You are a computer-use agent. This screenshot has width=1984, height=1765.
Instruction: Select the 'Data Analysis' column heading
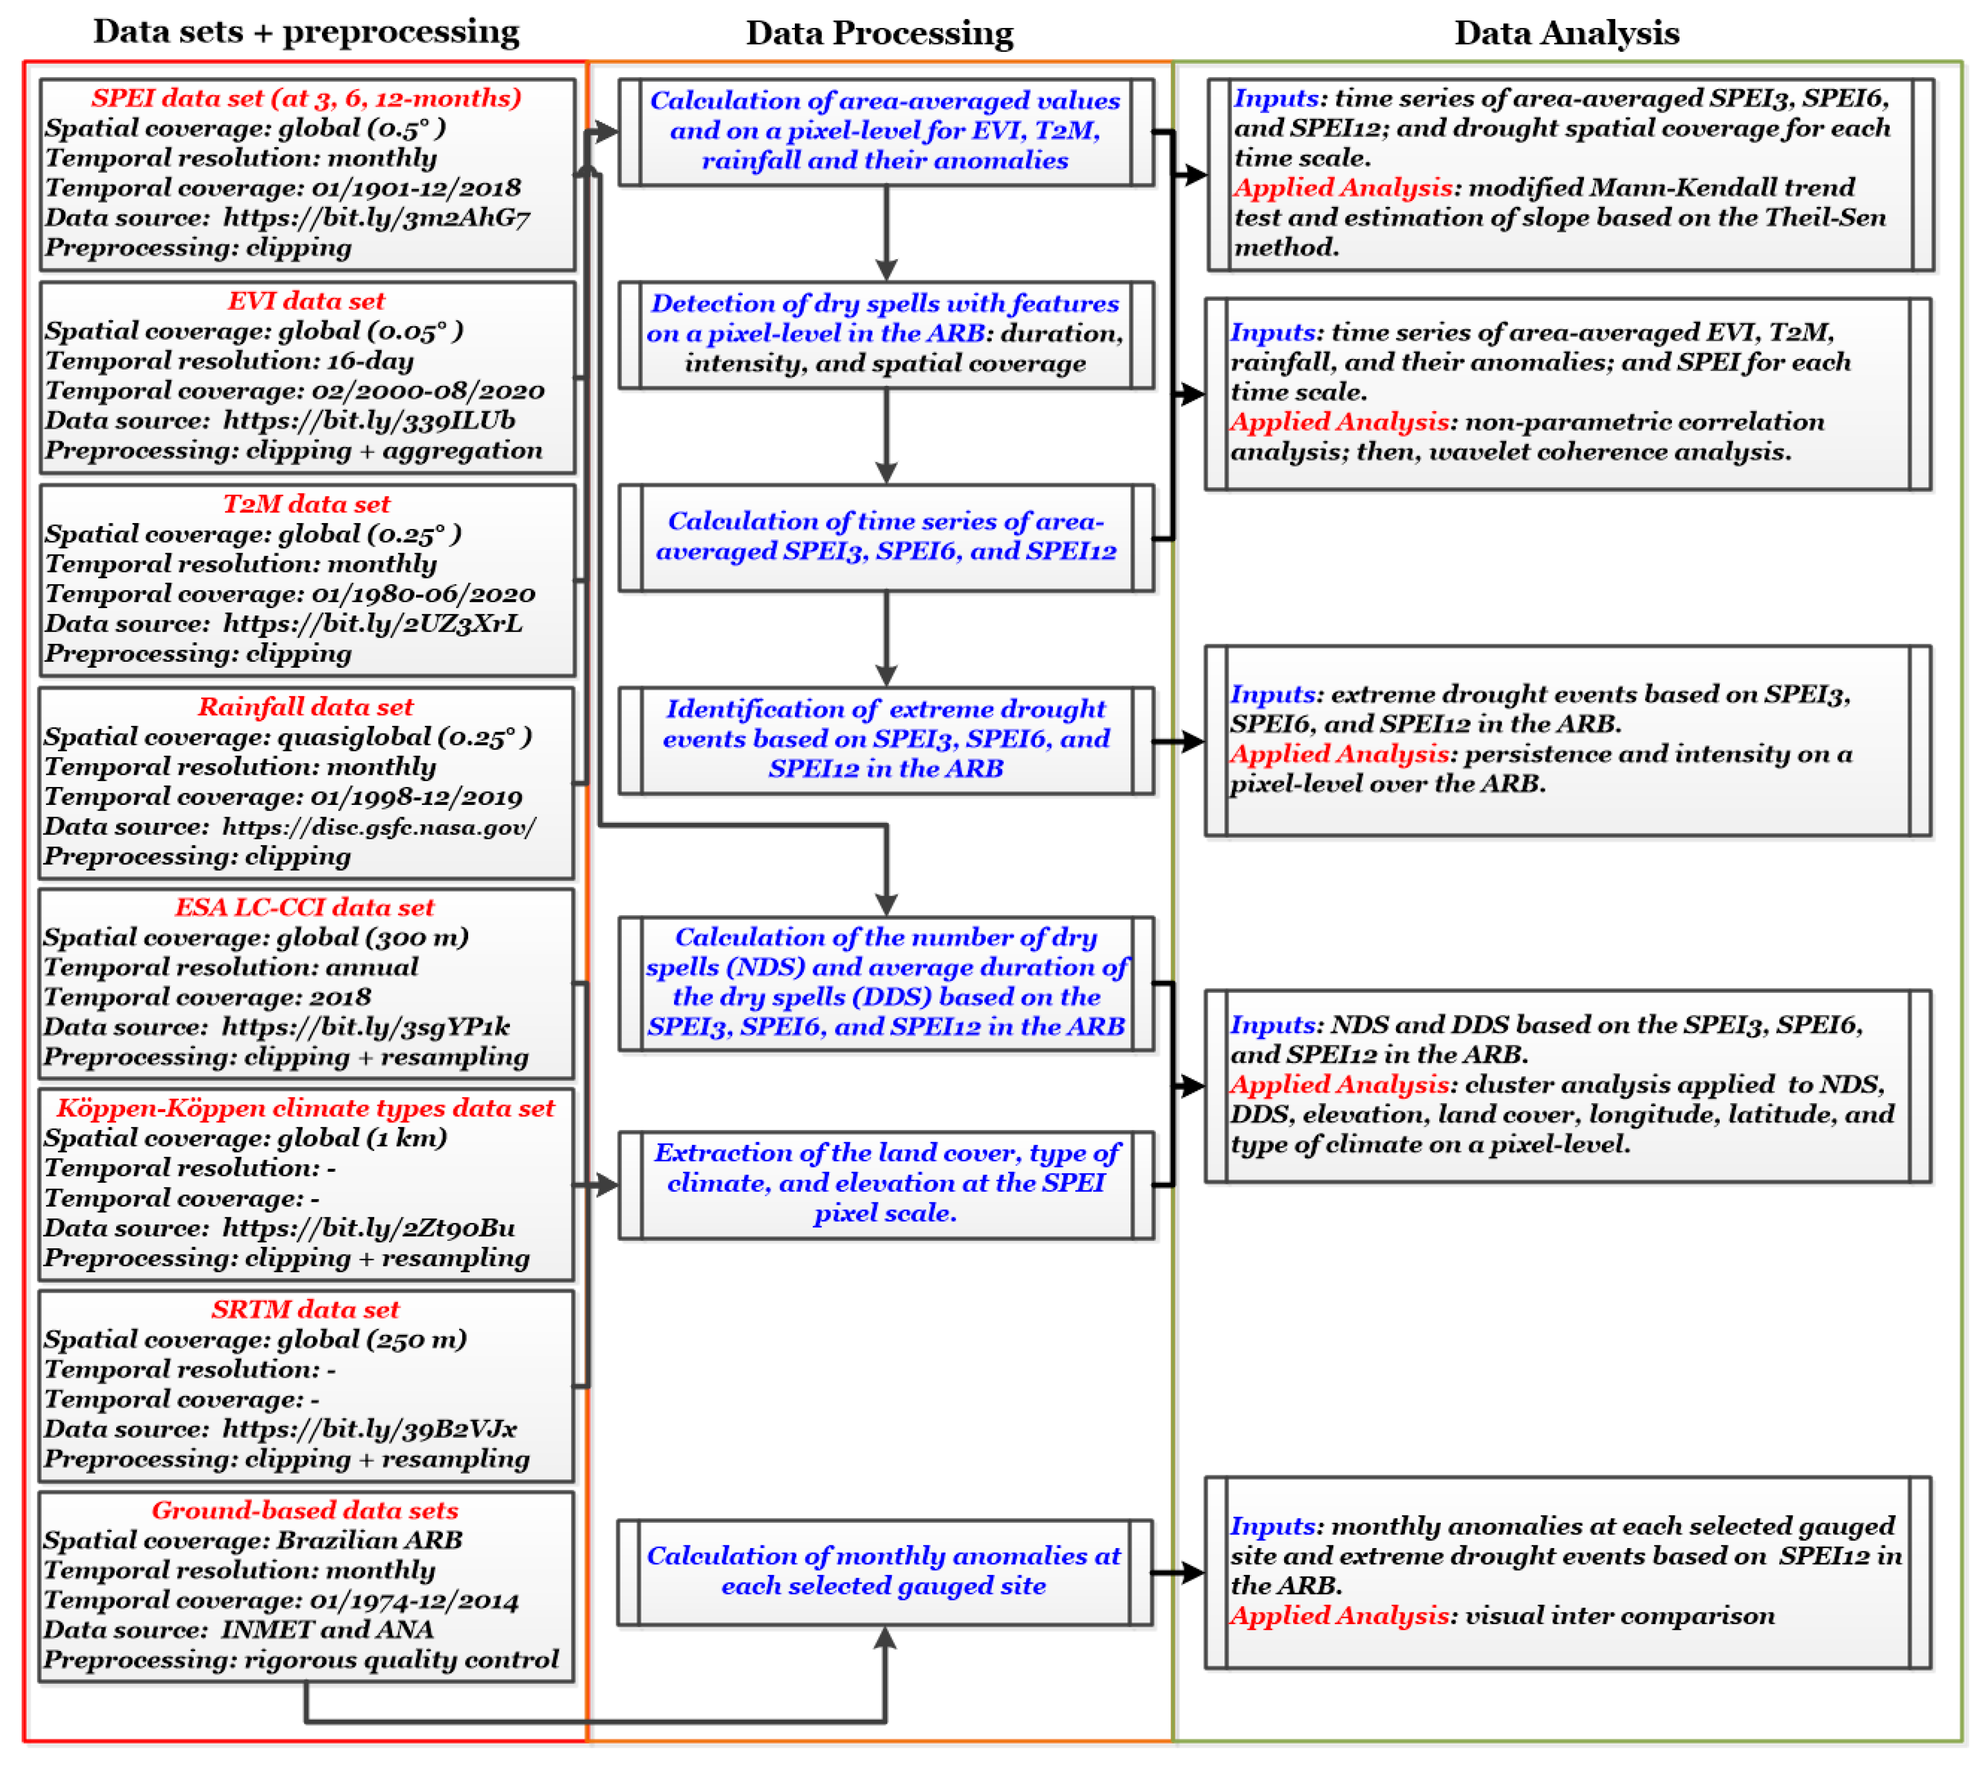coord(1565,33)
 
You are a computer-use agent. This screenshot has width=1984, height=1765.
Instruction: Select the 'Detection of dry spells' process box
coord(885,334)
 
